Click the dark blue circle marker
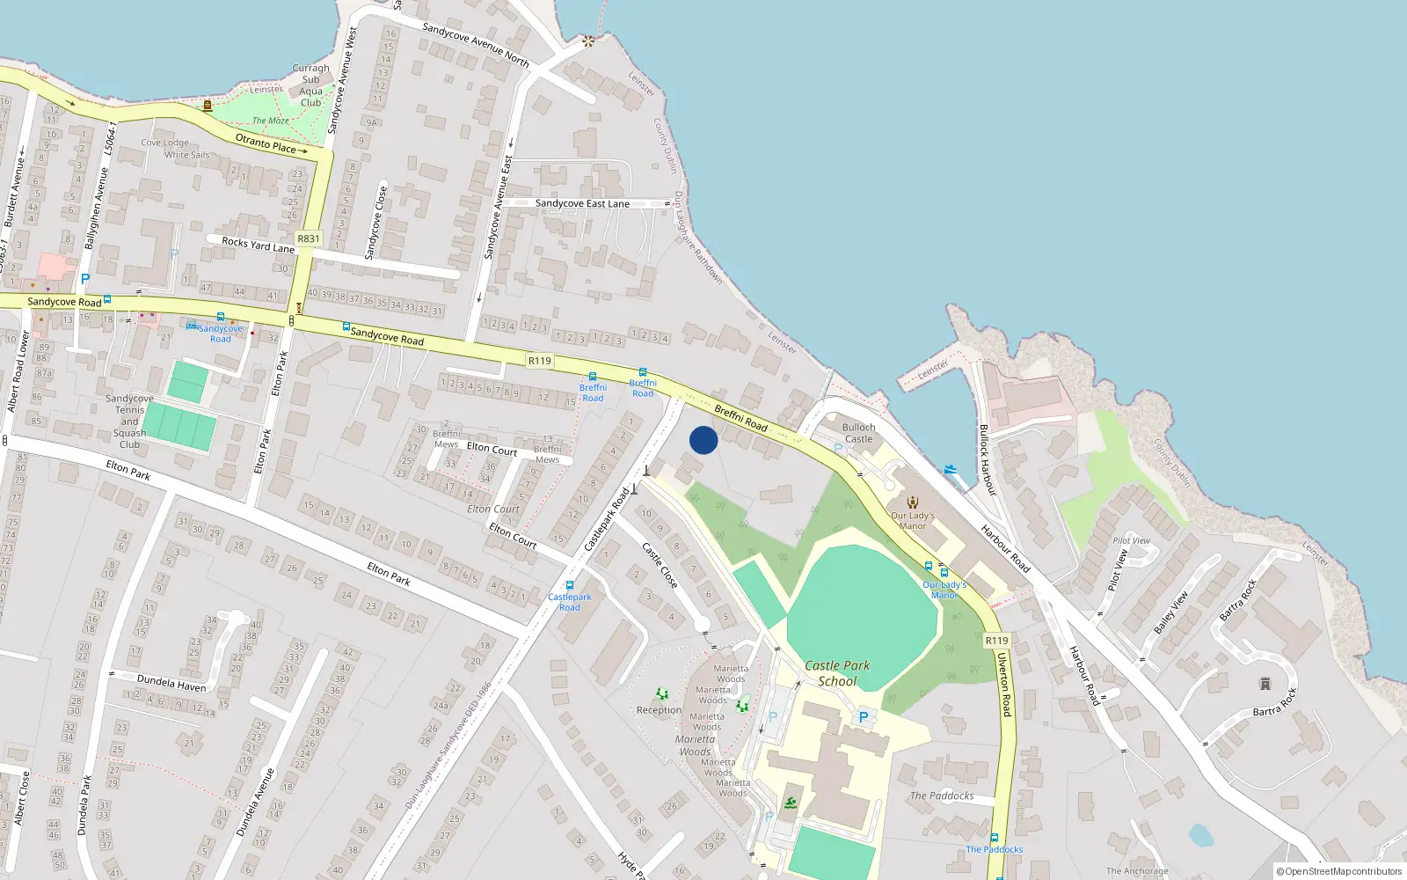703,440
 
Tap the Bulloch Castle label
858,433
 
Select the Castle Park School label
837,673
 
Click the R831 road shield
309,238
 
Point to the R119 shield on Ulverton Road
996,641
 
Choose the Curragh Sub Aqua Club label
310,85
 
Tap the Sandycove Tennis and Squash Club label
129,422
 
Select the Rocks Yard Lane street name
258,244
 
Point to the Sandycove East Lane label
582,203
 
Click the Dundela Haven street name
171,682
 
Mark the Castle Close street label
660,564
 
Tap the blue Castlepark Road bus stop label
570,602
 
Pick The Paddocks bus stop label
995,849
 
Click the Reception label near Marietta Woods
659,710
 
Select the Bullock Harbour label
988,459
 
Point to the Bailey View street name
1170,612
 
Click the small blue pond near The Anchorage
1200,834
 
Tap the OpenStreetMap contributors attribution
1338,871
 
